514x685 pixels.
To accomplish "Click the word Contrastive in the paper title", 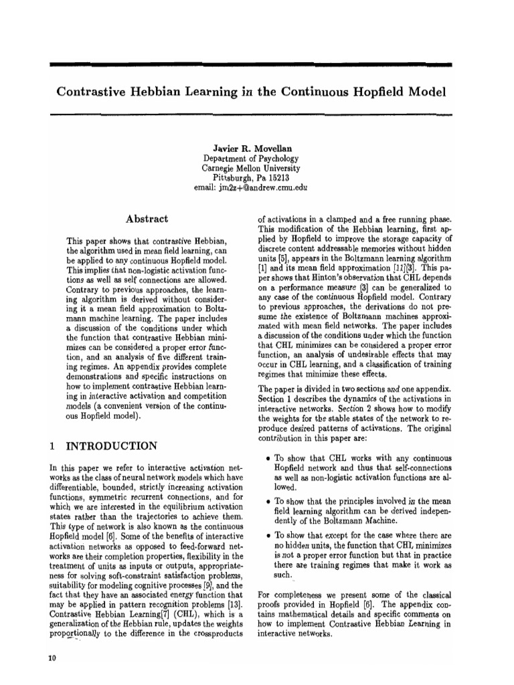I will pyautogui.click(x=94, y=90).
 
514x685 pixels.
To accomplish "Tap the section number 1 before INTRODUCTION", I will pyautogui.click(x=54, y=446).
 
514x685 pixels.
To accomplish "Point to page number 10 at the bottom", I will pyautogui.click(x=53, y=658).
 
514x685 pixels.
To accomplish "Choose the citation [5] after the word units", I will pyautogui.click(x=286, y=259).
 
